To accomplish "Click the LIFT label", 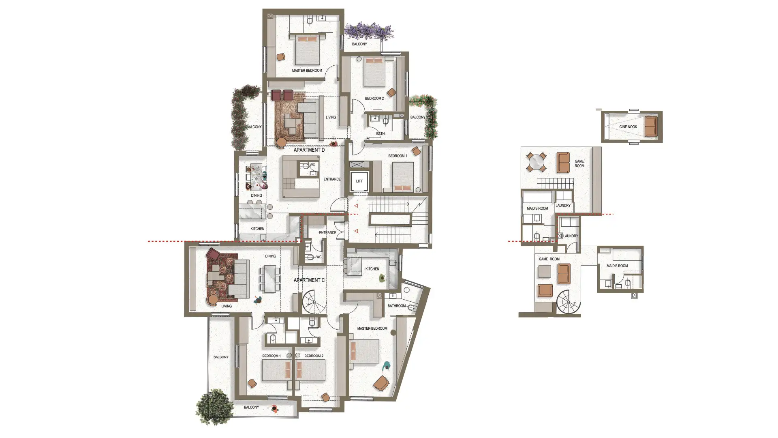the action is (x=359, y=181).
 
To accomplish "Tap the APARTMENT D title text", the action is (x=309, y=150).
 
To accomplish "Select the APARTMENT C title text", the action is (x=309, y=280).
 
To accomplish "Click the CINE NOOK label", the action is (x=628, y=127).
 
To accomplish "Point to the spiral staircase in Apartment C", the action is (x=314, y=303).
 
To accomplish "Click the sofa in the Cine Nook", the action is (x=651, y=127).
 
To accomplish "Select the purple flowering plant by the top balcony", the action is (x=369, y=31).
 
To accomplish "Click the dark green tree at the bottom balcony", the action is (x=215, y=407).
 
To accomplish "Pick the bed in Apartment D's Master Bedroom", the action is (x=308, y=49).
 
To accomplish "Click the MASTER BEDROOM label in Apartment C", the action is (x=372, y=328).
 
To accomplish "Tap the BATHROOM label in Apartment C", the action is (x=396, y=306).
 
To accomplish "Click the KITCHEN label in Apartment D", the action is (x=257, y=229).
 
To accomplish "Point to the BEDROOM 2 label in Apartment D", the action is (x=374, y=99).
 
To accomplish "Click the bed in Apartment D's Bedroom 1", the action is (x=403, y=177).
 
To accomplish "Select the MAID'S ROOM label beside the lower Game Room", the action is (x=617, y=266).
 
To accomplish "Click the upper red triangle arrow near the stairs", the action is (x=356, y=206).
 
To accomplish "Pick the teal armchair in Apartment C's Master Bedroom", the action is (x=387, y=365).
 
